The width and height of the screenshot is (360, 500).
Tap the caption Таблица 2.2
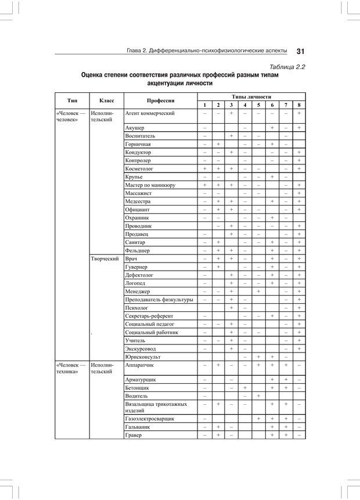284,67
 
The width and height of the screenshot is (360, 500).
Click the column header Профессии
160,100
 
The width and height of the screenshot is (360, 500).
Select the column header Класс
106,100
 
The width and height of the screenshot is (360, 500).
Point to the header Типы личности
251,96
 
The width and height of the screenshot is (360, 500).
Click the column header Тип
72,100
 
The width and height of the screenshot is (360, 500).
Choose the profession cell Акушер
135,127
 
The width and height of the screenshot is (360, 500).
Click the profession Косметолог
139,168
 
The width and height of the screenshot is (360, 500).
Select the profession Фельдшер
138,250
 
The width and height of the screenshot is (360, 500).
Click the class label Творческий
105,258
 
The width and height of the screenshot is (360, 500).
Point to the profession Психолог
136,308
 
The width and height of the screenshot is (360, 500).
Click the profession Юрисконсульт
143,357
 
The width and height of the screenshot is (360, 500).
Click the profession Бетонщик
138,386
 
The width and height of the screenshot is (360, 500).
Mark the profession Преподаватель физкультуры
159,300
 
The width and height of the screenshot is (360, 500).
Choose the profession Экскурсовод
141,348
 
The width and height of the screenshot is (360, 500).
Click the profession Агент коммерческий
150,113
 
